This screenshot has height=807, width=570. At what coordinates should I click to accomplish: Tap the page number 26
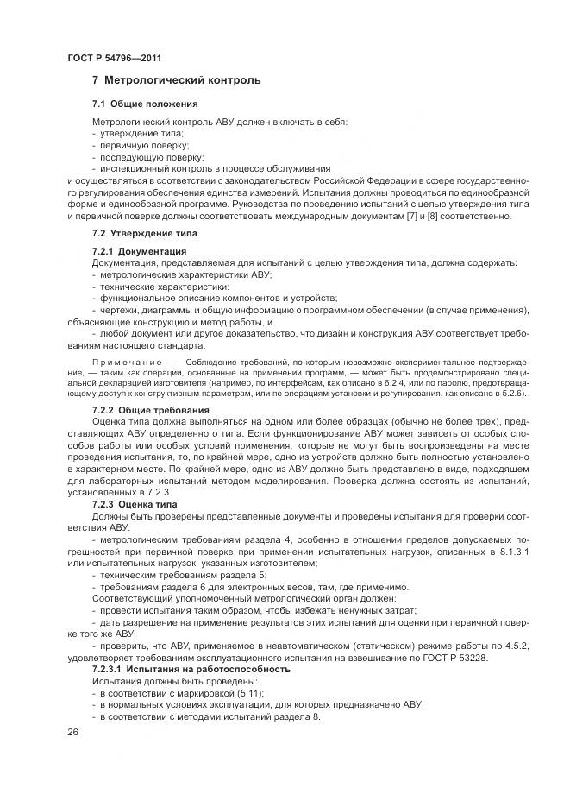(x=72, y=732)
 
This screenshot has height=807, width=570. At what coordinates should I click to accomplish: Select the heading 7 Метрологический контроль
(x=176, y=81)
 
